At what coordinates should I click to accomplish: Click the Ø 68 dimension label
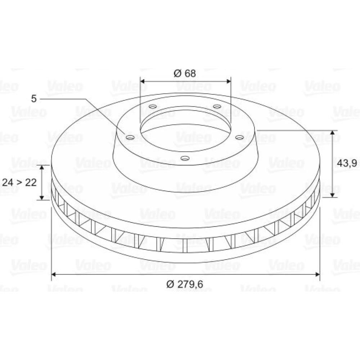185,73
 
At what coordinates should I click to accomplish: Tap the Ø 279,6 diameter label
185,284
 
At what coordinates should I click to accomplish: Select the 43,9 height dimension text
347,163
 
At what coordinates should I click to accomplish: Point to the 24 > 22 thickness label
19,183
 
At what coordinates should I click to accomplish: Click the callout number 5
34,99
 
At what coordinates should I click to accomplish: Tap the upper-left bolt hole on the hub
153,107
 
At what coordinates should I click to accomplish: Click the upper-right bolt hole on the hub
217,107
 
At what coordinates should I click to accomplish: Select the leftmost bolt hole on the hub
130,137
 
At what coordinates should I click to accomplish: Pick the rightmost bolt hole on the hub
240,137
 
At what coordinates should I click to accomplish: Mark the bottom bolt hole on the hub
185,158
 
